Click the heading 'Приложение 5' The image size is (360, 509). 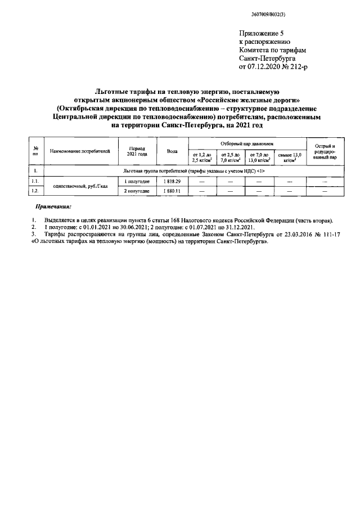pos(261,33)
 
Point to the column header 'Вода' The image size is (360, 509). pos(172,151)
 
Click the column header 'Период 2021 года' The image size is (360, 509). pos(137,151)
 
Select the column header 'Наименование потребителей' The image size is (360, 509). pos(79,151)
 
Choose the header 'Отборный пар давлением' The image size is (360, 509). pos(247,143)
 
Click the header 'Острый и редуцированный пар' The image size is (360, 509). pos(325,151)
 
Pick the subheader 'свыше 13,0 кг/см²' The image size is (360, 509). pos(290,157)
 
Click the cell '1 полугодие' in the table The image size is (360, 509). pos(137,181)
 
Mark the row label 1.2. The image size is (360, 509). pos(35,191)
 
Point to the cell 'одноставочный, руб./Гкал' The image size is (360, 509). pos(79,186)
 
